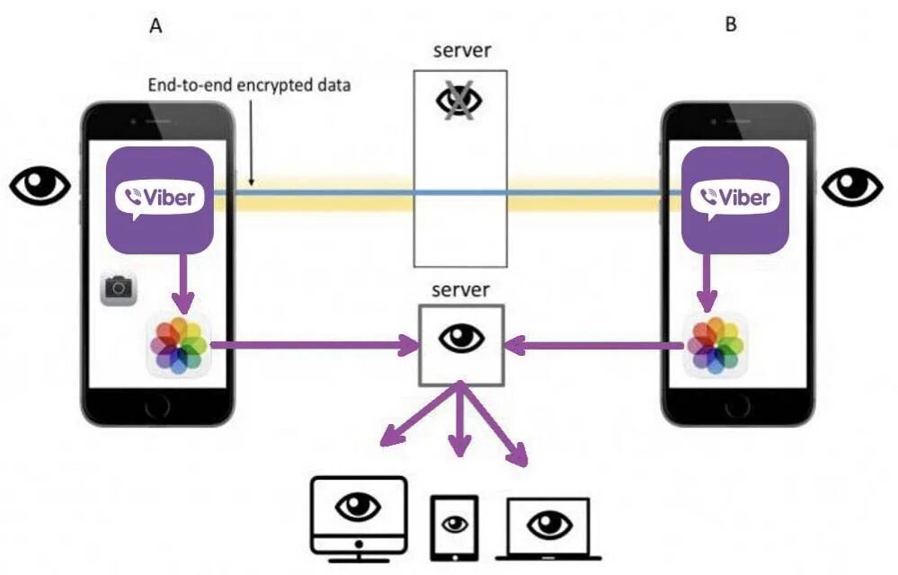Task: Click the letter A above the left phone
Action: click(156, 26)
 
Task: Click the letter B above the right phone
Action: click(731, 24)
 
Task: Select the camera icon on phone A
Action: click(118, 289)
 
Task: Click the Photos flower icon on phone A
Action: click(179, 345)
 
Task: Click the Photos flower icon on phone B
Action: click(716, 345)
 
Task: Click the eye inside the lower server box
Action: click(461, 340)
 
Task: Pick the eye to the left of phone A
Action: click(40, 186)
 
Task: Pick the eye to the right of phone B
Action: click(853, 186)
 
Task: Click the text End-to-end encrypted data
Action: click(249, 86)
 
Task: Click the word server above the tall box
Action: click(460, 50)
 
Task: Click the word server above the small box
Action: click(460, 290)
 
